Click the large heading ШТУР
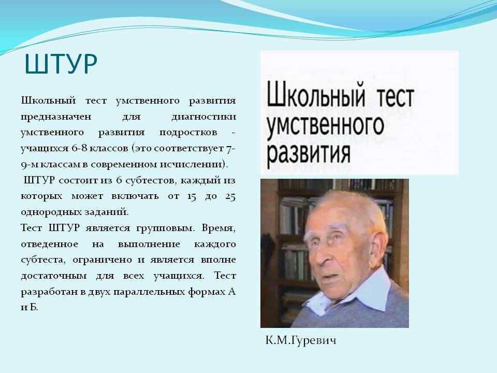pos(61,64)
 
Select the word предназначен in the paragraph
pos(56,117)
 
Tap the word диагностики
pos(204,117)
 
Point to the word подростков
pos(188,133)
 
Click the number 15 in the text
pos(192,196)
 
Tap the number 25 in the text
pos(230,196)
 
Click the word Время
pos(218,228)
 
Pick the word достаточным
pos(54,276)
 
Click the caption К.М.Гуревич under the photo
pos(301,341)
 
